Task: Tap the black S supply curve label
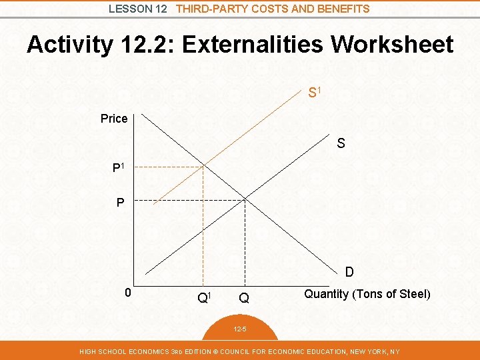coord(341,143)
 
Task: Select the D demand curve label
coord(349,272)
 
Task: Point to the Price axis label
coord(114,119)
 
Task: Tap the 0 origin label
coord(129,293)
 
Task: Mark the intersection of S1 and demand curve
coord(203,166)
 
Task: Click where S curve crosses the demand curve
coord(245,199)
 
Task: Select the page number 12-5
coord(240,329)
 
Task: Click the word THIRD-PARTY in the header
coord(209,9)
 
